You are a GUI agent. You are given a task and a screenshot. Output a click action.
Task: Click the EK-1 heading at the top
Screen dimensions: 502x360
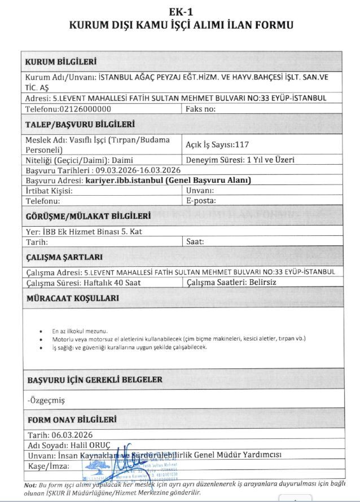tap(180, 11)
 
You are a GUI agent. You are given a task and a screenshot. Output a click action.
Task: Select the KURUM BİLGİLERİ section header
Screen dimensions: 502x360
tap(61, 61)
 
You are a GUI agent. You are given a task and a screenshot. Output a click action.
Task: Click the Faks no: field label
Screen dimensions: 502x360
tap(201, 109)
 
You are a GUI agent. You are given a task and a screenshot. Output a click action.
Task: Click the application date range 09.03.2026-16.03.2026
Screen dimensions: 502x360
tap(137, 170)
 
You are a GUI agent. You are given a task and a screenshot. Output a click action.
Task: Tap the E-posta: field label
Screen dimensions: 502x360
tap(201, 200)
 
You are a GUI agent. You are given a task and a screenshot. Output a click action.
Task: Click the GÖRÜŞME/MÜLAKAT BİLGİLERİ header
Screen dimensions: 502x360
tap(89, 215)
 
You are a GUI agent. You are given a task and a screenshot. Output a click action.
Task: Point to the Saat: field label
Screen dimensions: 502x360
tap(195, 241)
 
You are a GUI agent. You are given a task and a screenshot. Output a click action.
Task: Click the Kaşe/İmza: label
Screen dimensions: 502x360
tap(49, 466)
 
